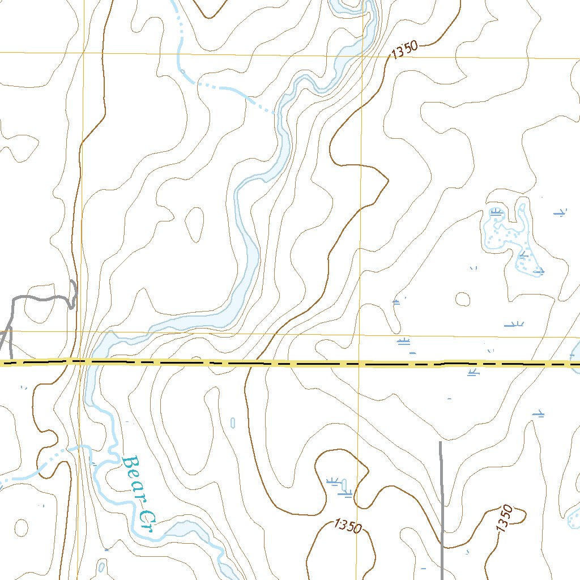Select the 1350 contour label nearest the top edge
click(x=404, y=50)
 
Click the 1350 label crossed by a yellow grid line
click(x=348, y=526)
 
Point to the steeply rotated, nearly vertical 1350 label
click(x=504, y=518)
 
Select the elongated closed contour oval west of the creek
click(x=194, y=223)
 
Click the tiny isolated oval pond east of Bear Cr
click(x=233, y=423)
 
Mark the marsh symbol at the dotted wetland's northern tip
click(x=497, y=212)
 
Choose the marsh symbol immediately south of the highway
click(x=473, y=372)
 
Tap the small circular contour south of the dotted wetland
click(x=463, y=298)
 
